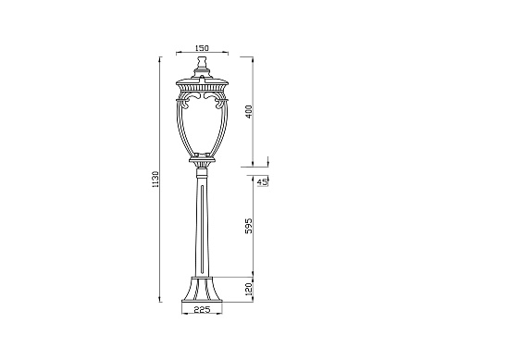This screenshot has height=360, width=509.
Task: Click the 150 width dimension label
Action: click(x=203, y=48)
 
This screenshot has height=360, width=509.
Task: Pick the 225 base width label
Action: click(x=203, y=311)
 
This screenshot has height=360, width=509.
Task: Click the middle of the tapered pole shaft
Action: click(x=203, y=227)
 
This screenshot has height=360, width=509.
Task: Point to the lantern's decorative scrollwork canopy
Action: click(x=203, y=94)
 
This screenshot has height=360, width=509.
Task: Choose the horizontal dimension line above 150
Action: click(x=203, y=55)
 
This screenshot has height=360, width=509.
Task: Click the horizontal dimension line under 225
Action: click(x=203, y=317)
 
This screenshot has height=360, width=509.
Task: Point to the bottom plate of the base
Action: click(x=203, y=302)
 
